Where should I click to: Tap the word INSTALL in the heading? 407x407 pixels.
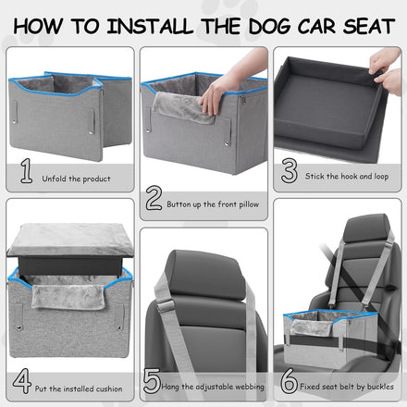pyautogui.click(x=150, y=26)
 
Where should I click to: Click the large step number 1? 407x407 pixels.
pyautogui.click(x=27, y=170)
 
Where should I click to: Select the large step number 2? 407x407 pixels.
pyautogui.click(x=154, y=198)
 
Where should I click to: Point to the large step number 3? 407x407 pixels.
pyautogui.click(x=290, y=170)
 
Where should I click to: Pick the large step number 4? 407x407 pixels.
pyautogui.click(x=22, y=381)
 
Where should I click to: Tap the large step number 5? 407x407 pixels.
pyautogui.click(x=152, y=381)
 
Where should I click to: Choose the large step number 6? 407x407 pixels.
pyautogui.click(x=289, y=381)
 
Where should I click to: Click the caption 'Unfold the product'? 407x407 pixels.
pyautogui.click(x=76, y=179)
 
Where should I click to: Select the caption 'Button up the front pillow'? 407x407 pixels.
pyautogui.click(x=213, y=204)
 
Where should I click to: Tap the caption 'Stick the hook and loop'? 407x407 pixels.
pyautogui.click(x=347, y=177)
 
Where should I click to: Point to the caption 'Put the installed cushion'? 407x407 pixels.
pyautogui.click(x=79, y=388)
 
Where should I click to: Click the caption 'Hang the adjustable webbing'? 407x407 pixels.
pyautogui.click(x=213, y=387)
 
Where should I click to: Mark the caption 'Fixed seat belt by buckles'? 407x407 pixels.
pyautogui.click(x=347, y=387)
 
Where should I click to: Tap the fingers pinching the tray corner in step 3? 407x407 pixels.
pyautogui.click(x=386, y=71)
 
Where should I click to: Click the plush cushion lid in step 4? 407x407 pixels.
pyautogui.click(x=70, y=240)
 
